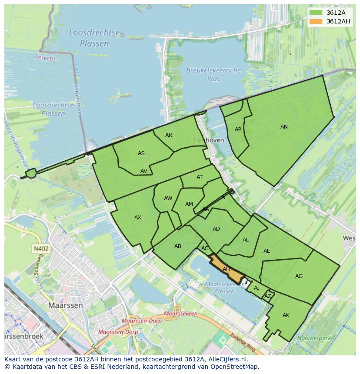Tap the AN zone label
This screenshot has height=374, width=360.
284,127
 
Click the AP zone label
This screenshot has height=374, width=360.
238,129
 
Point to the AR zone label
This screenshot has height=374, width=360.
169,135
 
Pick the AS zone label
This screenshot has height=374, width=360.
141,153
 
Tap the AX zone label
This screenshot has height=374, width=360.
138,218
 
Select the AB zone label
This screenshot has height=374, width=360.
178,246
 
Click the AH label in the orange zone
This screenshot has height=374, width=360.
226,269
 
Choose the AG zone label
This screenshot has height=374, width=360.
299,276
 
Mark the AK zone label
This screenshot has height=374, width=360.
286,315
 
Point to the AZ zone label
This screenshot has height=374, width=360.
268,296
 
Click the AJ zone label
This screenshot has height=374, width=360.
257,288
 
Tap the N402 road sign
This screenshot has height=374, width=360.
41,249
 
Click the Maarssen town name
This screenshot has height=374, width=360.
65,305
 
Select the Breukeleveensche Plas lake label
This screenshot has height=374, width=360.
213,74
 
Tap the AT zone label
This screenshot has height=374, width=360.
200,177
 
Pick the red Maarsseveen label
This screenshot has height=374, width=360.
181,313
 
